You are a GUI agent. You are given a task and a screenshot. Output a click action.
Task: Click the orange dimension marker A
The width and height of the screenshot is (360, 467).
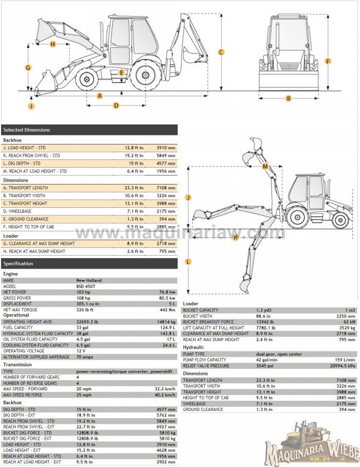point(100,96)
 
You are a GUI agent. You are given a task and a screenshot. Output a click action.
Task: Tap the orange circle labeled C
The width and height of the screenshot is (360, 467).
point(221,52)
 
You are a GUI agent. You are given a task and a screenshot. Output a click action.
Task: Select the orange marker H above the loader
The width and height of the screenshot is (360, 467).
point(52,44)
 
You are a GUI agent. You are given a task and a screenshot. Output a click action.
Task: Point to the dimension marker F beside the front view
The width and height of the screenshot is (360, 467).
point(328,62)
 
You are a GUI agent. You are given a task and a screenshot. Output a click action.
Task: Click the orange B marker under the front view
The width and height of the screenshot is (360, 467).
point(289,98)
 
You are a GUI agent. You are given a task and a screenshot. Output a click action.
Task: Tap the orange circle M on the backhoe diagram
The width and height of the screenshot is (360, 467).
point(265,167)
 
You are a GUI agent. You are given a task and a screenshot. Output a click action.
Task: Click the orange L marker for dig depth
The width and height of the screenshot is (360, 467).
point(188,261)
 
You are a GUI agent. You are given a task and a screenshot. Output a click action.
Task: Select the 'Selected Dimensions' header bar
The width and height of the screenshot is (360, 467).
point(89,130)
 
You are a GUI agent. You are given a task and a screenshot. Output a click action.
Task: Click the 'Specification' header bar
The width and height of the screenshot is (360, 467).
point(89,264)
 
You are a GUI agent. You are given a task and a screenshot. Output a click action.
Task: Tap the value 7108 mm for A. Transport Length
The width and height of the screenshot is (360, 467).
point(166,188)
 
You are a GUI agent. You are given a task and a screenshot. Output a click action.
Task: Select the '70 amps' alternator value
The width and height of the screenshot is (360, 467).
point(84,356)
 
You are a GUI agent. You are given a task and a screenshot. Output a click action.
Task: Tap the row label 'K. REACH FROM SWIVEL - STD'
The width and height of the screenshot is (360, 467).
point(31,155)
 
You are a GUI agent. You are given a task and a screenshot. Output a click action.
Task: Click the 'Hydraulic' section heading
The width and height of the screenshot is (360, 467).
point(193,348)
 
